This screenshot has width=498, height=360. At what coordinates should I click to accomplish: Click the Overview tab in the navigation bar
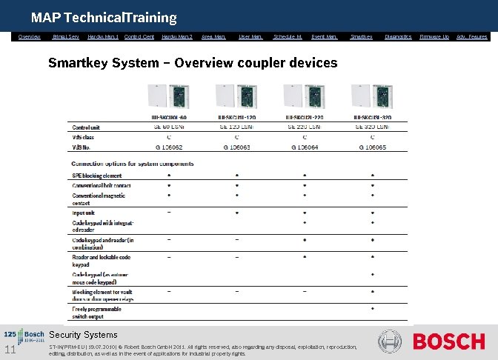click(30, 36)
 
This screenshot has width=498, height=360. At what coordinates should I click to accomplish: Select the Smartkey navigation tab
click(361, 36)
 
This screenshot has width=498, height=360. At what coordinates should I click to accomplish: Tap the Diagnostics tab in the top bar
click(398, 36)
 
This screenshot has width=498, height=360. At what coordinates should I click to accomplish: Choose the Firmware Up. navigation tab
click(434, 36)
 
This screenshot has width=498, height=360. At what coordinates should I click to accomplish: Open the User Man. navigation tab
click(250, 36)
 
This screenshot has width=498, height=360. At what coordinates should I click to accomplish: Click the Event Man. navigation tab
click(324, 36)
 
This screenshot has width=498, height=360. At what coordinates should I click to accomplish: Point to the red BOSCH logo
click(449, 342)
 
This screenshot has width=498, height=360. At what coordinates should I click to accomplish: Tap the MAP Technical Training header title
click(104, 17)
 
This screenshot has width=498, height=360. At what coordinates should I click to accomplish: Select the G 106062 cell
click(169, 147)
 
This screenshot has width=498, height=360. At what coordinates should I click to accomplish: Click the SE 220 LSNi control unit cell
click(304, 127)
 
